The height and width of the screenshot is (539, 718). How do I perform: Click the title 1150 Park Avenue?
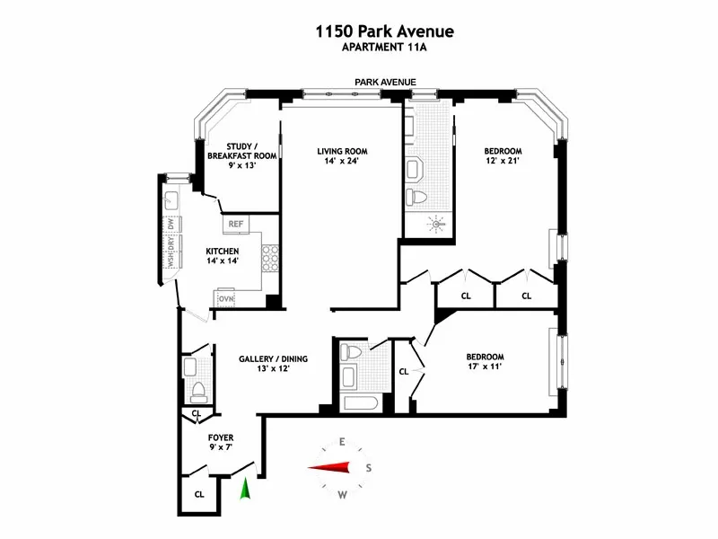coord(384,32)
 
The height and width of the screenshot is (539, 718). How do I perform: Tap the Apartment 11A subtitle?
coord(383,49)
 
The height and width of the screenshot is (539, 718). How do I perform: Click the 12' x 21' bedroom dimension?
coord(503,163)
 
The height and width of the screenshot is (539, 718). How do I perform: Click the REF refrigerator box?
coord(236,224)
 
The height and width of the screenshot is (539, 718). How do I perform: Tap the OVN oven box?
coord(225,298)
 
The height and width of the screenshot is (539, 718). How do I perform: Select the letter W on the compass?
coord(343,495)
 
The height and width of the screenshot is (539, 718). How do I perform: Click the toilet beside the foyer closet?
coord(198,392)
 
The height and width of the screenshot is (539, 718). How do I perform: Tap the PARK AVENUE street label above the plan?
coord(385,82)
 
